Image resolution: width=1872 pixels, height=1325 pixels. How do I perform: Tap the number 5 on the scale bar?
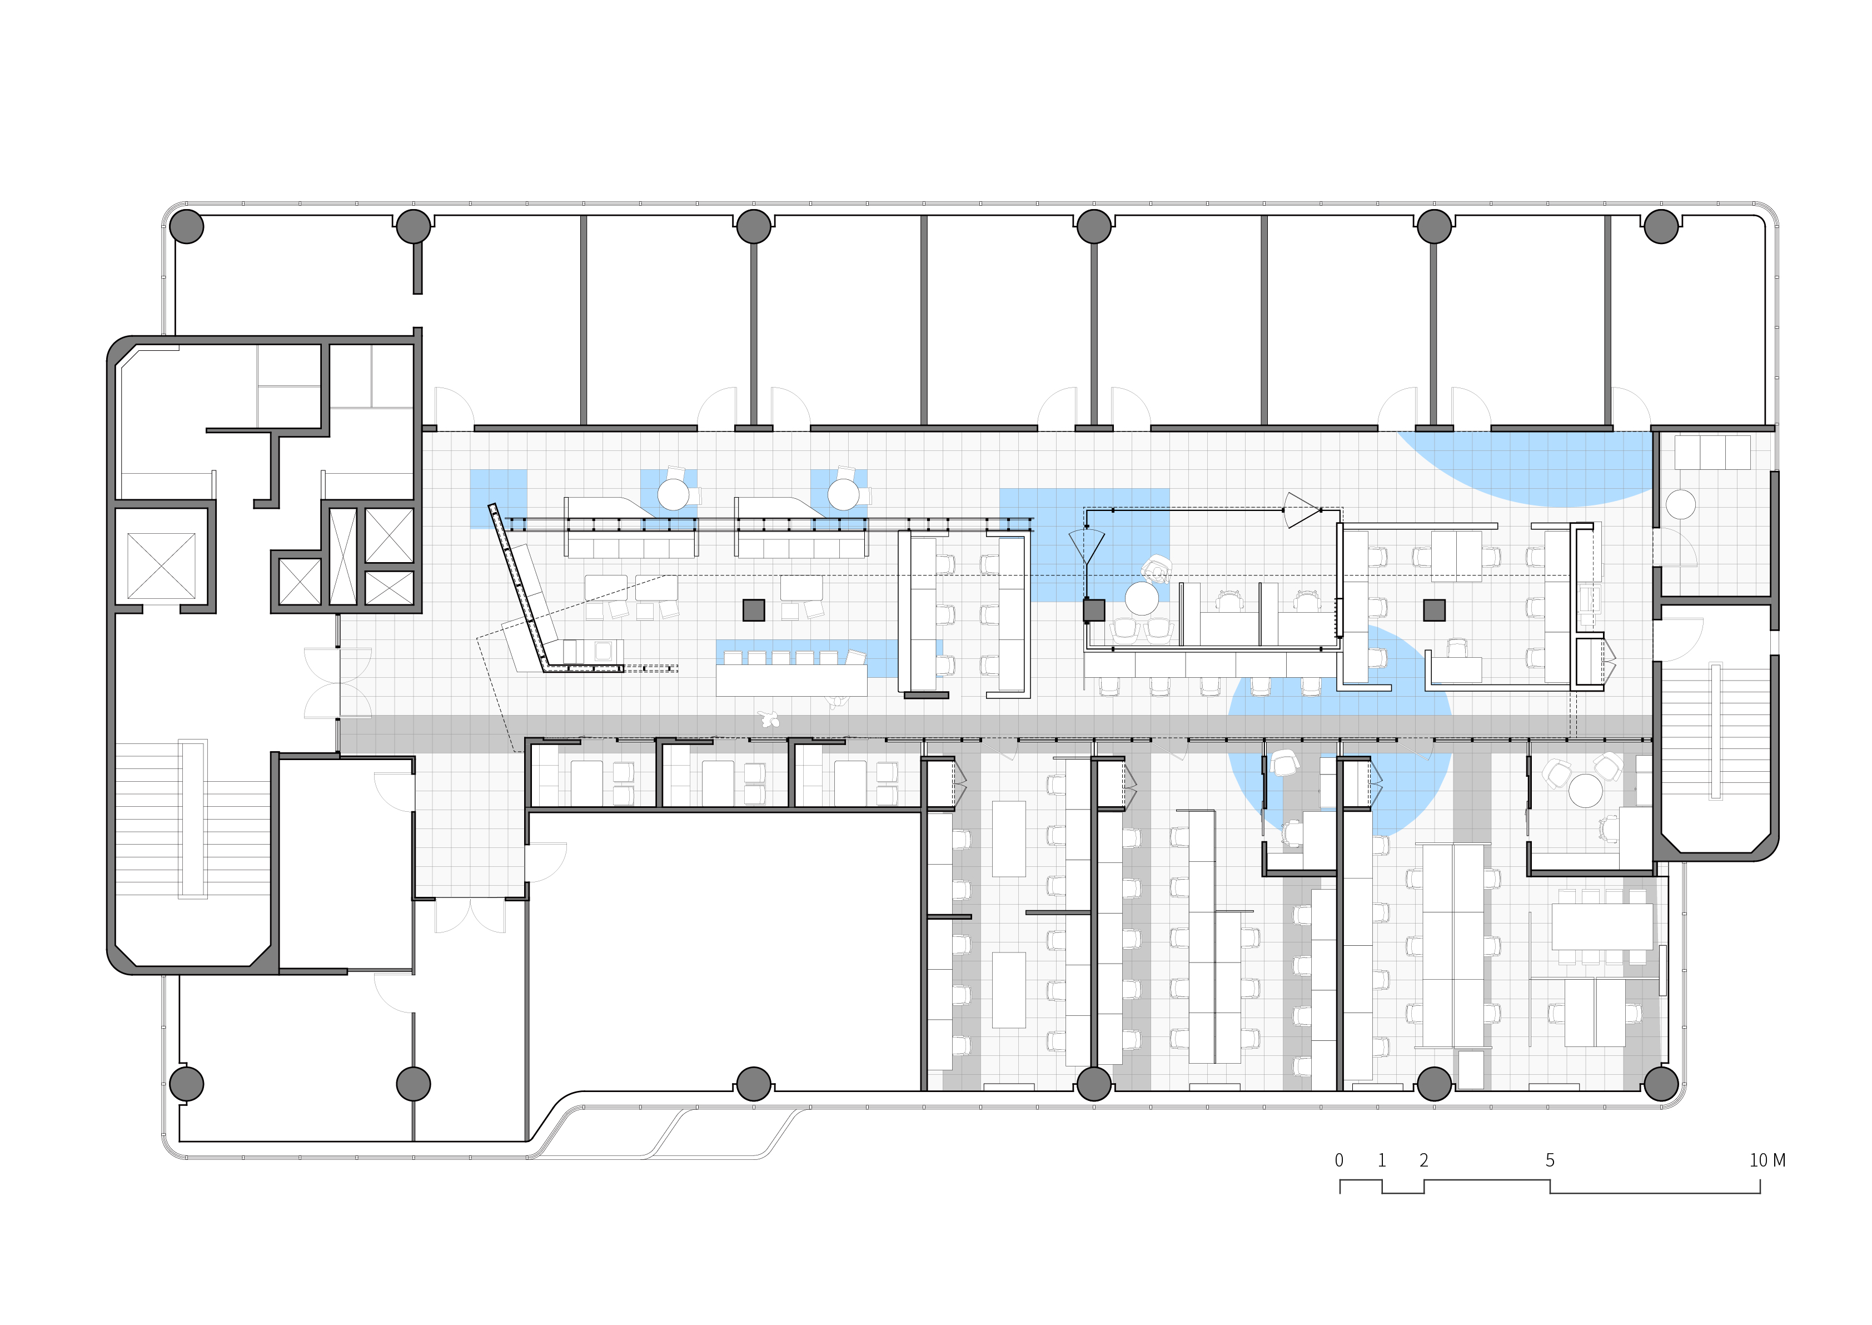click(1550, 1160)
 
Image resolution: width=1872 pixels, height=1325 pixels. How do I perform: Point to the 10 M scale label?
click(1768, 1160)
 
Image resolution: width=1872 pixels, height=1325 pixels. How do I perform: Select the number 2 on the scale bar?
click(1424, 1160)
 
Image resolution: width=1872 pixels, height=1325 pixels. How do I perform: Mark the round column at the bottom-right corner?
click(1661, 1084)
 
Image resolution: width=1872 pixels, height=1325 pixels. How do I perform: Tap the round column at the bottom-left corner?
click(187, 1084)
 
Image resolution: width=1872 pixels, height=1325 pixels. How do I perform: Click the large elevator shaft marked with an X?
click(162, 565)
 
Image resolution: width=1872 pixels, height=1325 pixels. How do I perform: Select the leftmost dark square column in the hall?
click(754, 609)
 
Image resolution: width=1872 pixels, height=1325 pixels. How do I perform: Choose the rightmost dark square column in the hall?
click(1434, 609)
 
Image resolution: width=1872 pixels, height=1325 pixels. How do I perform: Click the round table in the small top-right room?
click(1680, 504)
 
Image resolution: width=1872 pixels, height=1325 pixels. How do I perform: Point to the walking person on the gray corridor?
click(768, 719)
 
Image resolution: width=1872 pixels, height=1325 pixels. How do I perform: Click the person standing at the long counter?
click(835, 701)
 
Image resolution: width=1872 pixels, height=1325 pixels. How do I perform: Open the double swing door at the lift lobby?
click(338, 683)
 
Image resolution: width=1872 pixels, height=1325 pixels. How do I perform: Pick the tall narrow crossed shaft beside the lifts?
click(342, 555)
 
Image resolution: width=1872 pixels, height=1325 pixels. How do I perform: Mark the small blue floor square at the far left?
click(499, 499)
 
